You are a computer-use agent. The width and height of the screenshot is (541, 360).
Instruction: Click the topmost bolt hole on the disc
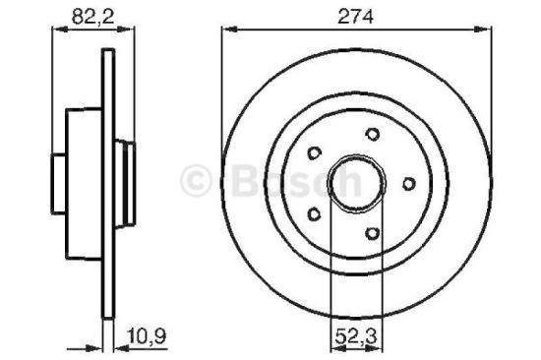(x=371, y=135)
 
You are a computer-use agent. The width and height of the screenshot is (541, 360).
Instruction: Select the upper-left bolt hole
(x=315, y=152)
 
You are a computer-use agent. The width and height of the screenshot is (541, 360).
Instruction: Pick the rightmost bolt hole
(x=406, y=182)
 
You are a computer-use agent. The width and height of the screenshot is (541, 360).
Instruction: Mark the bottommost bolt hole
(x=372, y=232)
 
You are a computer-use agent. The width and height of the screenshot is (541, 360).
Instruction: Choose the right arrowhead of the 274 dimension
(x=489, y=30)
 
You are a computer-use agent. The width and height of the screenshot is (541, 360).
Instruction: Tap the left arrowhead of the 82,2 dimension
(x=56, y=30)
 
